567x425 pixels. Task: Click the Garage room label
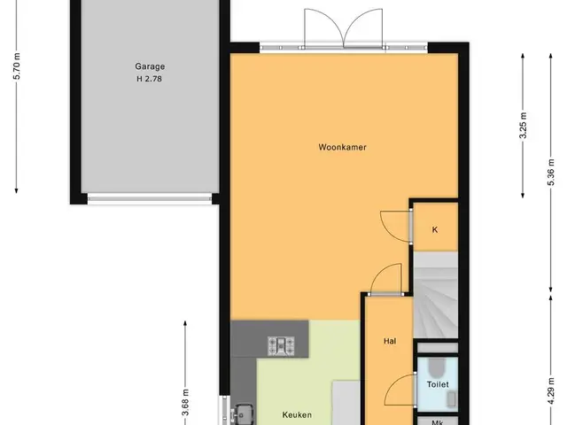(150, 66)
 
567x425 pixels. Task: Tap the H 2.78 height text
(149, 79)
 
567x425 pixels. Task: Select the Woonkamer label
(343, 147)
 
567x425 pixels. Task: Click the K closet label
(435, 229)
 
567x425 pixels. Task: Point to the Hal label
(390, 341)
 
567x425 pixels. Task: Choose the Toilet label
(438, 384)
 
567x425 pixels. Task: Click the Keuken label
(297, 415)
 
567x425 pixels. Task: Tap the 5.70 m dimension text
(17, 66)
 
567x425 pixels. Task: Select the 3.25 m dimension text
(523, 126)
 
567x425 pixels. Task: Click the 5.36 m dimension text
(551, 173)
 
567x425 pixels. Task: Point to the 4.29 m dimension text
(551, 391)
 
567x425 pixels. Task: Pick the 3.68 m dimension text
(185, 402)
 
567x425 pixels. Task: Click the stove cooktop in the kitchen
(281, 345)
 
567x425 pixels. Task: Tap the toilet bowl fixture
(438, 367)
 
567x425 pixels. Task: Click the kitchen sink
(243, 414)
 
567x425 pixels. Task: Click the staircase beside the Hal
(435, 295)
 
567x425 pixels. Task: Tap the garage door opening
(150, 198)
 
